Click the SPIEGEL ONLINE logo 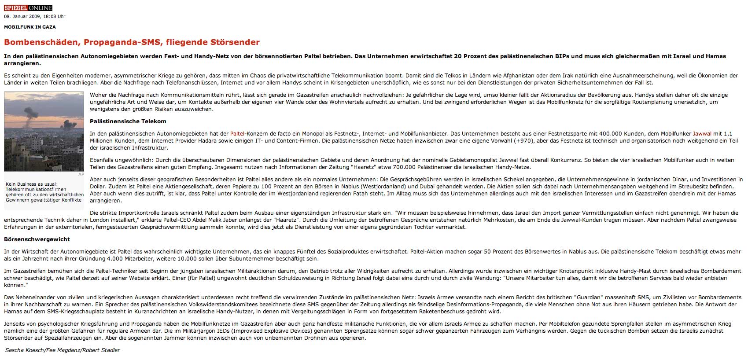click(28, 8)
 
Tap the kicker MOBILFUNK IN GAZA click(30, 27)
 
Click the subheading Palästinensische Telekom click(128, 121)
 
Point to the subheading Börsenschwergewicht click(37, 239)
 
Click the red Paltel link click(237, 134)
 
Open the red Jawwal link click(702, 134)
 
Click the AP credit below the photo click(81, 175)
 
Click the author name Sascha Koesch click(25, 350)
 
